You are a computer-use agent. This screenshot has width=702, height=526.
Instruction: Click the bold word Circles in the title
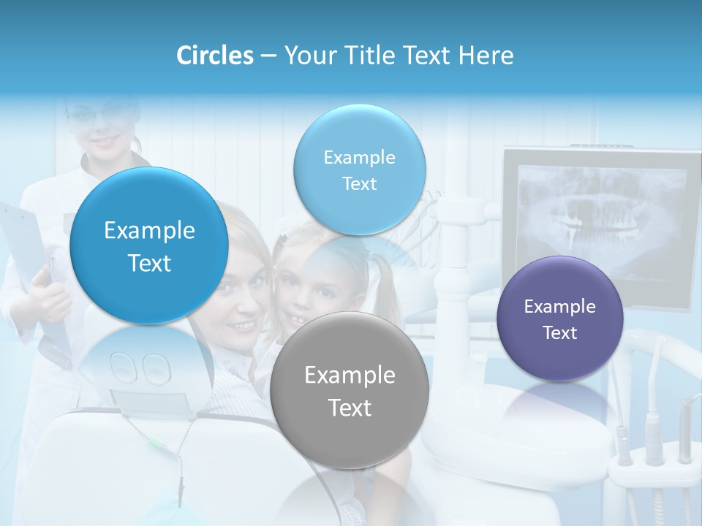214,56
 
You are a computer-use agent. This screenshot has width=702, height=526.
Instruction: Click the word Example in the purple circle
560,307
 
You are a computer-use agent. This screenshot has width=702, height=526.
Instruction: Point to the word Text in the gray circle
350,408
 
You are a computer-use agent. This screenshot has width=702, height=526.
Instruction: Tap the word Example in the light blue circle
359,157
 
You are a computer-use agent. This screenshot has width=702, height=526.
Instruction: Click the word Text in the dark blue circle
149,263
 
